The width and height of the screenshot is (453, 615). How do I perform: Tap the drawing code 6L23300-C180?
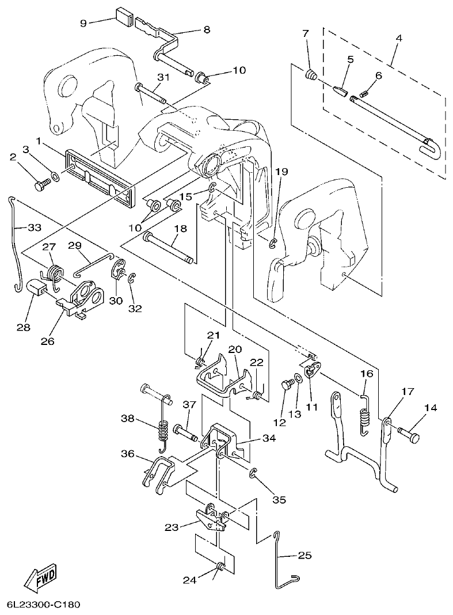[44, 605]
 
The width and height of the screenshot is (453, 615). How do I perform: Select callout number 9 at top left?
[83, 23]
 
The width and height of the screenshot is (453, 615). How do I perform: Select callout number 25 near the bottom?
[304, 556]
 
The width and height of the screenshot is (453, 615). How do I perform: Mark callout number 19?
[280, 171]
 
